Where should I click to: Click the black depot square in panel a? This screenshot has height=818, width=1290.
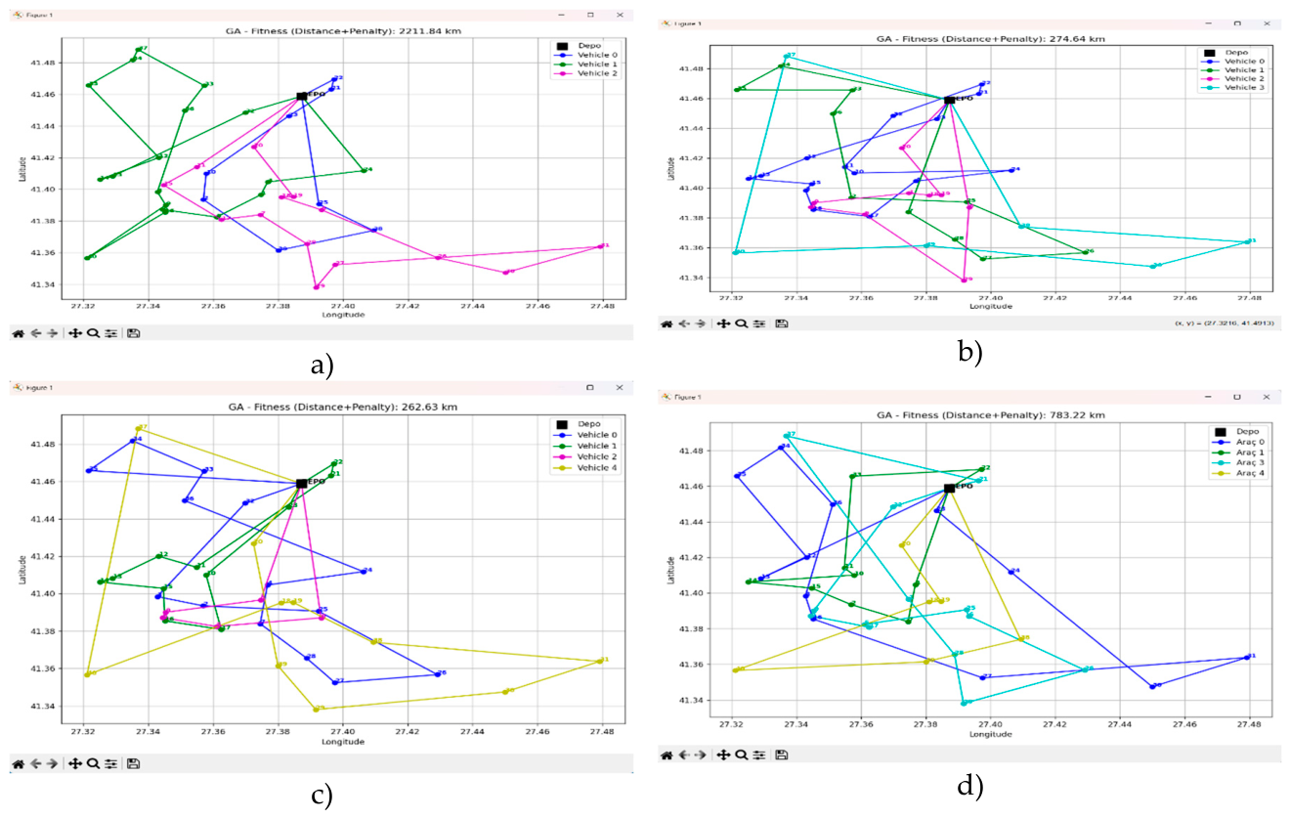[x=302, y=96]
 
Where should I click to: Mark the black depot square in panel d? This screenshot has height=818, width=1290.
[x=949, y=488]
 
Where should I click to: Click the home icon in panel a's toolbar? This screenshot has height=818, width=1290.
[x=18, y=333]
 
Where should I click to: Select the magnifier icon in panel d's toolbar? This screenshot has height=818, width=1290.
[x=742, y=754]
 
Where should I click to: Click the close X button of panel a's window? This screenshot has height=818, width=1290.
[x=620, y=16]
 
